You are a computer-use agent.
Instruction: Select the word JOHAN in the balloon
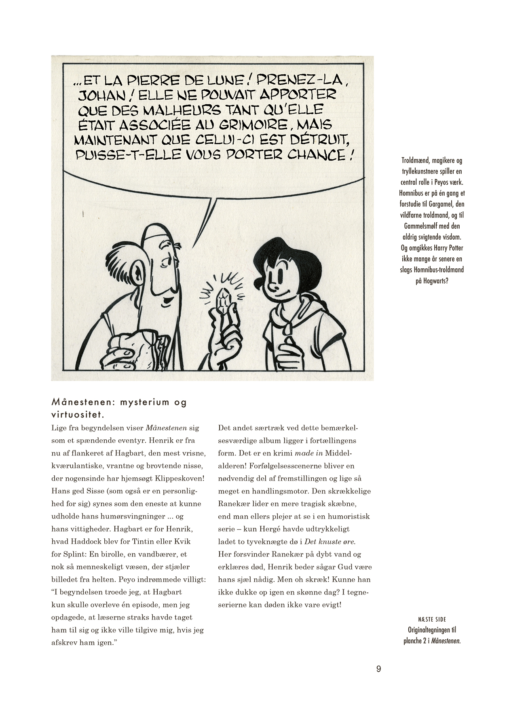tap(97, 95)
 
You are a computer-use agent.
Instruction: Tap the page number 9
tap(378, 669)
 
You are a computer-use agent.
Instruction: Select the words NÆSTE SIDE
tap(432, 619)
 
